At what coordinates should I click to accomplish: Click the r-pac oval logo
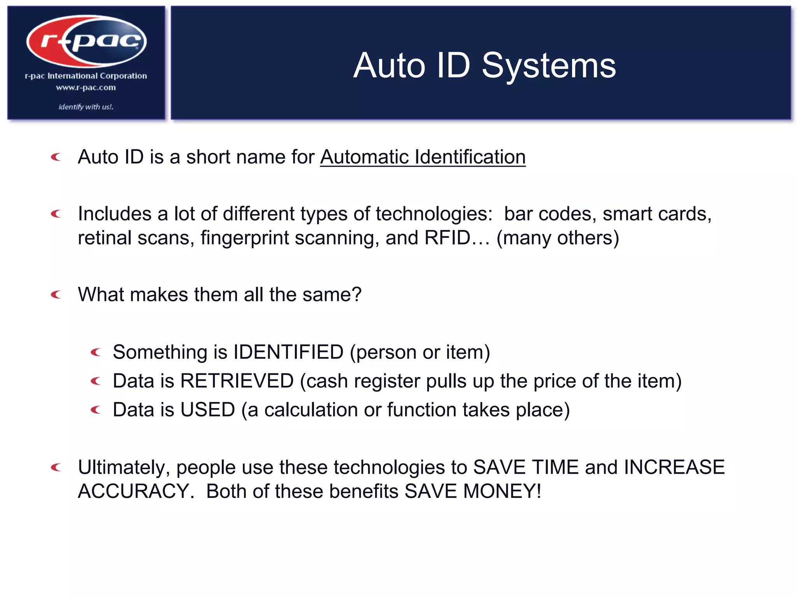pyautogui.click(x=86, y=41)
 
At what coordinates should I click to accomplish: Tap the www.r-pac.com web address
pyautogui.click(x=86, y=88)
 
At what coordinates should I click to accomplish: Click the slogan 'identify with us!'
pyautogui.click(x=86, y=107)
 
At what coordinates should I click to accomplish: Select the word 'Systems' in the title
pyautogui.click(x=549, y=65)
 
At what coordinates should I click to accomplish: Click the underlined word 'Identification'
pyautogui.click(x=470, y=157)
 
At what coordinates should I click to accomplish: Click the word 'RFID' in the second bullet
pyautogui.click(x=447, y=237)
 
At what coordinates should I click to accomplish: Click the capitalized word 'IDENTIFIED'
pyautogui.click(x=288, y=352)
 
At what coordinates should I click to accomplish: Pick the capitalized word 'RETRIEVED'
pyautogui.click(x=237, y=381)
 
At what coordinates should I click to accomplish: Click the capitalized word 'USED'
pyautogui.click(x=207, y=410)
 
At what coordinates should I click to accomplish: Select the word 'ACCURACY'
pyautogui.click(x=133, y=491)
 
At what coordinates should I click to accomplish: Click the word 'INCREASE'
pyautogui.click(x=674, y=467)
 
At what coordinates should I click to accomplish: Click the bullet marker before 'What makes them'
pyautogui.click(x=56, y=295)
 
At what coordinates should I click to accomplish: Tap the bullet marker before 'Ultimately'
pyautogui.click(x=56, y=467)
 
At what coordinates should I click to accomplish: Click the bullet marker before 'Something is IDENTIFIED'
pyautogui.click(x=96, y=352)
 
